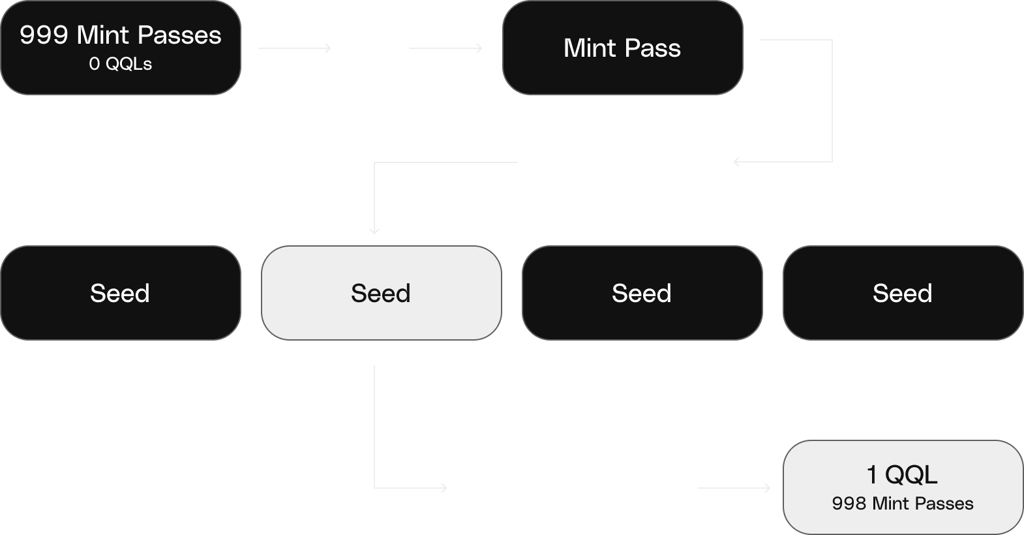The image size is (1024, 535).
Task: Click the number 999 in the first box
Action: [x=44, y=35]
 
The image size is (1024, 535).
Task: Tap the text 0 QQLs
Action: [x=120, y=64]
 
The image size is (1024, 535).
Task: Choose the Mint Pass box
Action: [x=622, y=48]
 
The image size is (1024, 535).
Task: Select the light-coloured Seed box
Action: [x=381, y=293]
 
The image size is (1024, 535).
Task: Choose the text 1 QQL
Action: [x=901, y=474]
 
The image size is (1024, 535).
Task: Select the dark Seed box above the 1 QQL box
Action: [x=903, y=293]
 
